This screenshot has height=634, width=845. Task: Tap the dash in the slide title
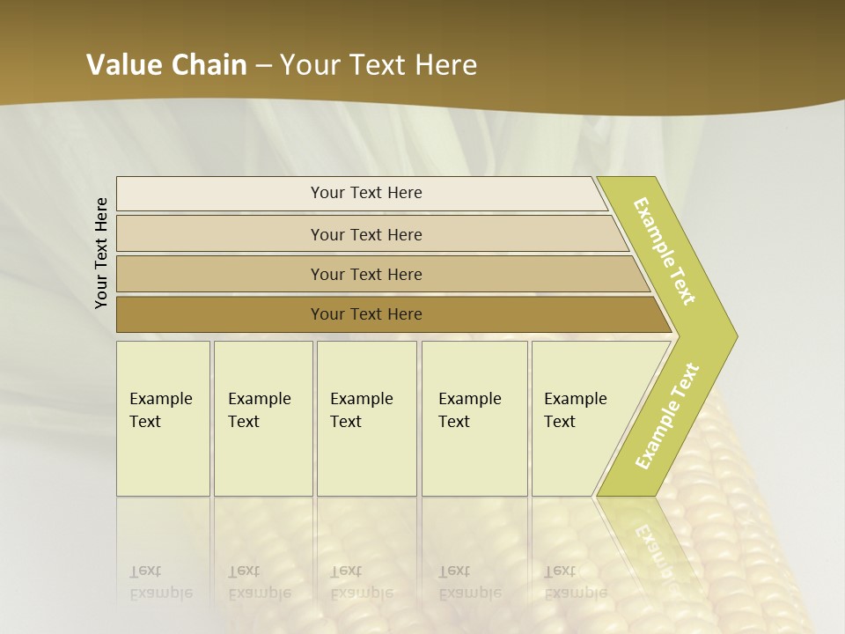tap(263, 66)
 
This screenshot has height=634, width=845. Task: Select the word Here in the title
tap(445, 65)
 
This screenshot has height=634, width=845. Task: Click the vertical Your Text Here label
tap(102, 254)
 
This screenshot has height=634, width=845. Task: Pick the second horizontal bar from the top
tap(366, 234)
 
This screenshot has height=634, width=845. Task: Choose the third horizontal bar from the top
tap(366, 274)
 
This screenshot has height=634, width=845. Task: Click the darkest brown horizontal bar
tap(366, 314)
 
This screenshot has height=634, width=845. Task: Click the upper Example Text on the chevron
tap(665, 251)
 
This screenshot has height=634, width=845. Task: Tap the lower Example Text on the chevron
tap(667, 417)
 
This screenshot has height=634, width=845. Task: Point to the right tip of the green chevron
tap(735, 336)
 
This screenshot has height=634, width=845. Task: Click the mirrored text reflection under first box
tap(161, 582)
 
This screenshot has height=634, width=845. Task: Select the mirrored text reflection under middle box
tap(362, 582)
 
